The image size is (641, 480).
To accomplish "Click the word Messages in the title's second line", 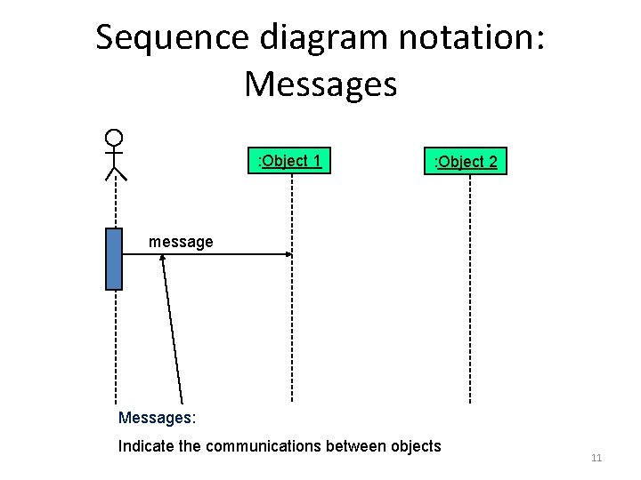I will pos(320,85).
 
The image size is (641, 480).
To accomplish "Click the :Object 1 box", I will pos(288,161).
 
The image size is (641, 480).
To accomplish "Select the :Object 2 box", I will pos(466,161).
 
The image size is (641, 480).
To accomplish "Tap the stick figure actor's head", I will pos(113,138).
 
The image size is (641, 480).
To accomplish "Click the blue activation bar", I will pos(113,259).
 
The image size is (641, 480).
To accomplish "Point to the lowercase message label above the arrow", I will pos(181,241).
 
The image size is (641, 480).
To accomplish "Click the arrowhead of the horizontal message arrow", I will pos(288,255).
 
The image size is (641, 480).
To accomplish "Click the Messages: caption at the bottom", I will pos(157,417).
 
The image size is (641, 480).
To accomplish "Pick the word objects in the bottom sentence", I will pos(414,446).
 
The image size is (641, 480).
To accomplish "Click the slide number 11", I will pos(596,458).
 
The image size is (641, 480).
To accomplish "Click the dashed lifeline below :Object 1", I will pos(292,329).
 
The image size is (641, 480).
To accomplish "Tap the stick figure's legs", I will pos(115,172).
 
